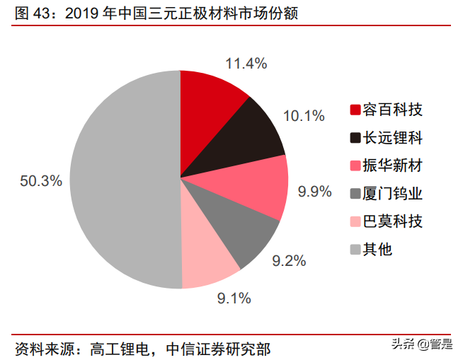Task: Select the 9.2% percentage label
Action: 289,261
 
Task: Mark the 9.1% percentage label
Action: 234,298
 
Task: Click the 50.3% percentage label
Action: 41,181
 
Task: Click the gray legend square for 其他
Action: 355,250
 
